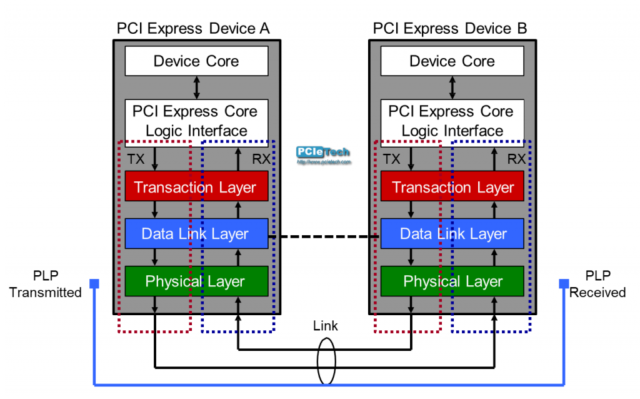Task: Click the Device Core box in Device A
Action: (196, 61)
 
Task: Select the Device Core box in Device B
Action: (452, 61)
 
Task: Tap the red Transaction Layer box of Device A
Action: (196, 187)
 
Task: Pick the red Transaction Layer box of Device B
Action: (452, 187)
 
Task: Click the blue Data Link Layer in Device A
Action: (196, 234)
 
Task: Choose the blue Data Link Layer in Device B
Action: (452, 234)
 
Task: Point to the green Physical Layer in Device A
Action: (196, 281)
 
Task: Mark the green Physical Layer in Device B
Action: (452, 281)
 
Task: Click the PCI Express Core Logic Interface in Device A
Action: (196, 120)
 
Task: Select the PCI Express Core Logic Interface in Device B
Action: (452, 120)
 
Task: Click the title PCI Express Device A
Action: (193, 28)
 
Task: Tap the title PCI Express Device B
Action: (449, 28)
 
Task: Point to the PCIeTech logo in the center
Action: (322, 154)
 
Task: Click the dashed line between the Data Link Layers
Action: (324, 236)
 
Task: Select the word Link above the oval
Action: (326, 326)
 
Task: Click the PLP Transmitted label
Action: (46, 284)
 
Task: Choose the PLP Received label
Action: (597, 284)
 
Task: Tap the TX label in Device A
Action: (136, 159)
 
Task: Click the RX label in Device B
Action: (516, 159)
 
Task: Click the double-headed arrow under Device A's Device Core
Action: (197, 87)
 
